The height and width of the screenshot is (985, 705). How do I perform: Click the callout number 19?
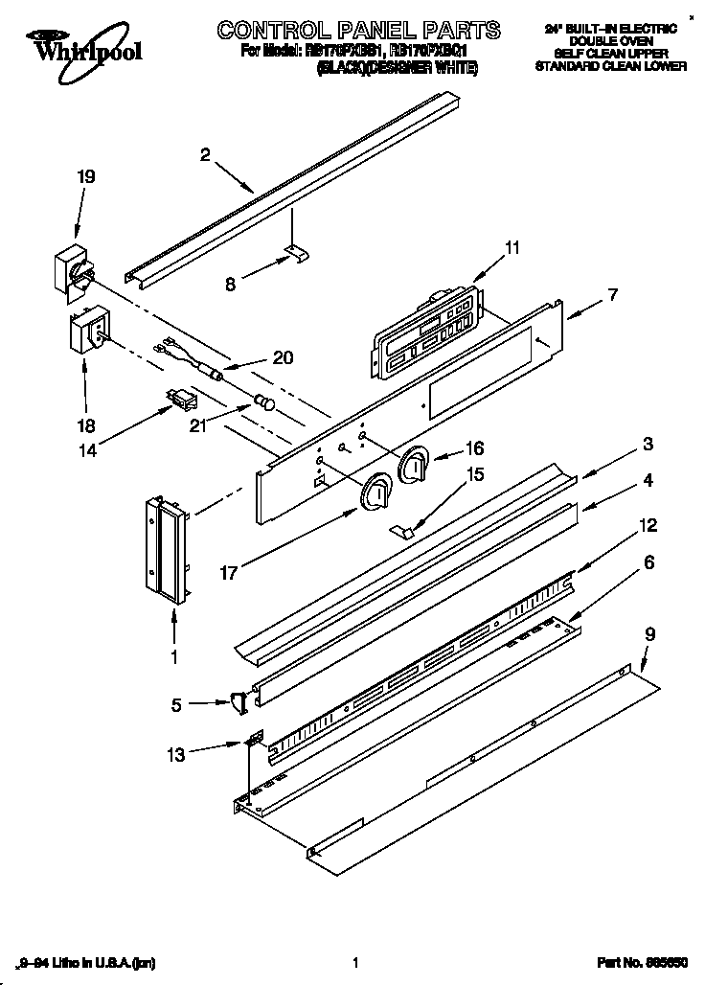[x=86, y=176]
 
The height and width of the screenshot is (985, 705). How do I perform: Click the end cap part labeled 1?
[x=165, y=551]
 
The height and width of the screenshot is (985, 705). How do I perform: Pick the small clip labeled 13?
[x=255, y=742]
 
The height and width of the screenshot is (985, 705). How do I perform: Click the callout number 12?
[x=648, y=524]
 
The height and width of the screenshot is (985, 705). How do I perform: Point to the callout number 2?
[x=205, y=152]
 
